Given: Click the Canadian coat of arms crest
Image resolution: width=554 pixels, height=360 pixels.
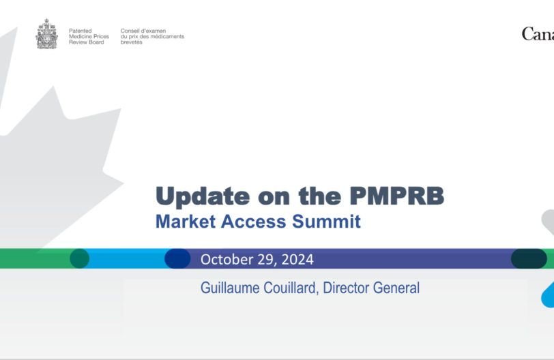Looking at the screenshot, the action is (x=46, y=34).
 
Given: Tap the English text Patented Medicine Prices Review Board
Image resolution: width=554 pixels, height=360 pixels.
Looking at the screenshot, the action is (x=89, y=36).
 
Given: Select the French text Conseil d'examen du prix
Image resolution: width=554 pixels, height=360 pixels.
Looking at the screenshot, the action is (x=152, y=36).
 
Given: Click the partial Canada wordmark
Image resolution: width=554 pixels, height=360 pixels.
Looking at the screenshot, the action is (x=538, y=34).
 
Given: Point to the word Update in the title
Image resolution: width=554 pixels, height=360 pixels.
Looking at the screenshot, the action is (x=203, y=196).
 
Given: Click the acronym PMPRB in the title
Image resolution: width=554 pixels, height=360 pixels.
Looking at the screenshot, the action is (x=397, y=196).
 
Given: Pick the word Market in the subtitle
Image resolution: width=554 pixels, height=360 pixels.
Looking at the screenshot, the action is (x=186, y=222).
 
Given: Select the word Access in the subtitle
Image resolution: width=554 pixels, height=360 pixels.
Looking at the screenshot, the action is (x=254, y=222).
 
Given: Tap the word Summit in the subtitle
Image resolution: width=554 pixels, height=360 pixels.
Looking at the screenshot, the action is (x=326, y=222).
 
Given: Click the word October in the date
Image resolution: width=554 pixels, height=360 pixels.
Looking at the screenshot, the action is (x=227, y=259).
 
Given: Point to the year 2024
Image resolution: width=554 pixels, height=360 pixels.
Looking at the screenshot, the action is (x=297, y=260).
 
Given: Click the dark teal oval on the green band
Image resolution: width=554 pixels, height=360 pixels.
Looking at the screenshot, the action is (x=80, y=258).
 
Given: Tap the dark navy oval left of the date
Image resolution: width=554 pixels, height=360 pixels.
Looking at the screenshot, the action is (x=177, y=258).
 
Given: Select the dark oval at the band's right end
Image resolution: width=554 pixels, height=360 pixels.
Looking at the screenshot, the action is (x=529, y=258).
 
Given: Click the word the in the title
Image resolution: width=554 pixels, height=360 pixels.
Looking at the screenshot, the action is (x=320, y=196).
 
